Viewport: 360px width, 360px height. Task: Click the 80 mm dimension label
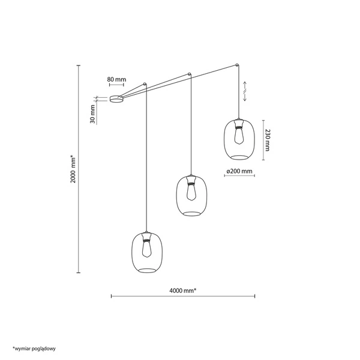point(116,79)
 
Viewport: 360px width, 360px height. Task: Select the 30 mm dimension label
point(92,114)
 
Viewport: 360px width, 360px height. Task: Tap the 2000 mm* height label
point(73,169)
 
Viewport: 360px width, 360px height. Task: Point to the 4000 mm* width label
point(183,290)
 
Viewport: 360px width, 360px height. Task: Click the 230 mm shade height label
point(268,140)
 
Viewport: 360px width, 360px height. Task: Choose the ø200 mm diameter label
point(239,171)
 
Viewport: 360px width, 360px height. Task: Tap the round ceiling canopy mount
point(116,99)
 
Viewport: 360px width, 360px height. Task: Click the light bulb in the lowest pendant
point(147,248)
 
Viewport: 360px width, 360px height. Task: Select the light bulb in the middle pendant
point(191,192)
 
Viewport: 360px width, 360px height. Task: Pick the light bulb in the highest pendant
point(239,136)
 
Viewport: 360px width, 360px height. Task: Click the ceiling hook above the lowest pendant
point(145,84)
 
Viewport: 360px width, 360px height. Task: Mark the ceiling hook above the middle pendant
point(189,74)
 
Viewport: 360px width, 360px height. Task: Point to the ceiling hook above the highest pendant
point(237,65)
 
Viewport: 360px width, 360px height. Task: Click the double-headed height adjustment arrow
point(245,91)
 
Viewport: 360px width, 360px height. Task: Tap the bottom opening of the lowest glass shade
point(147,270)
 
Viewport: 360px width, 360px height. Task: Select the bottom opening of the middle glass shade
point(192,214)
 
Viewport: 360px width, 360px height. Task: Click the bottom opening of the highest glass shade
point(239,157)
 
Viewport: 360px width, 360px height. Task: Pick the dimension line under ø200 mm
point(239,176)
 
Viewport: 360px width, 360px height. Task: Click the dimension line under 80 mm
point(116,85)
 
